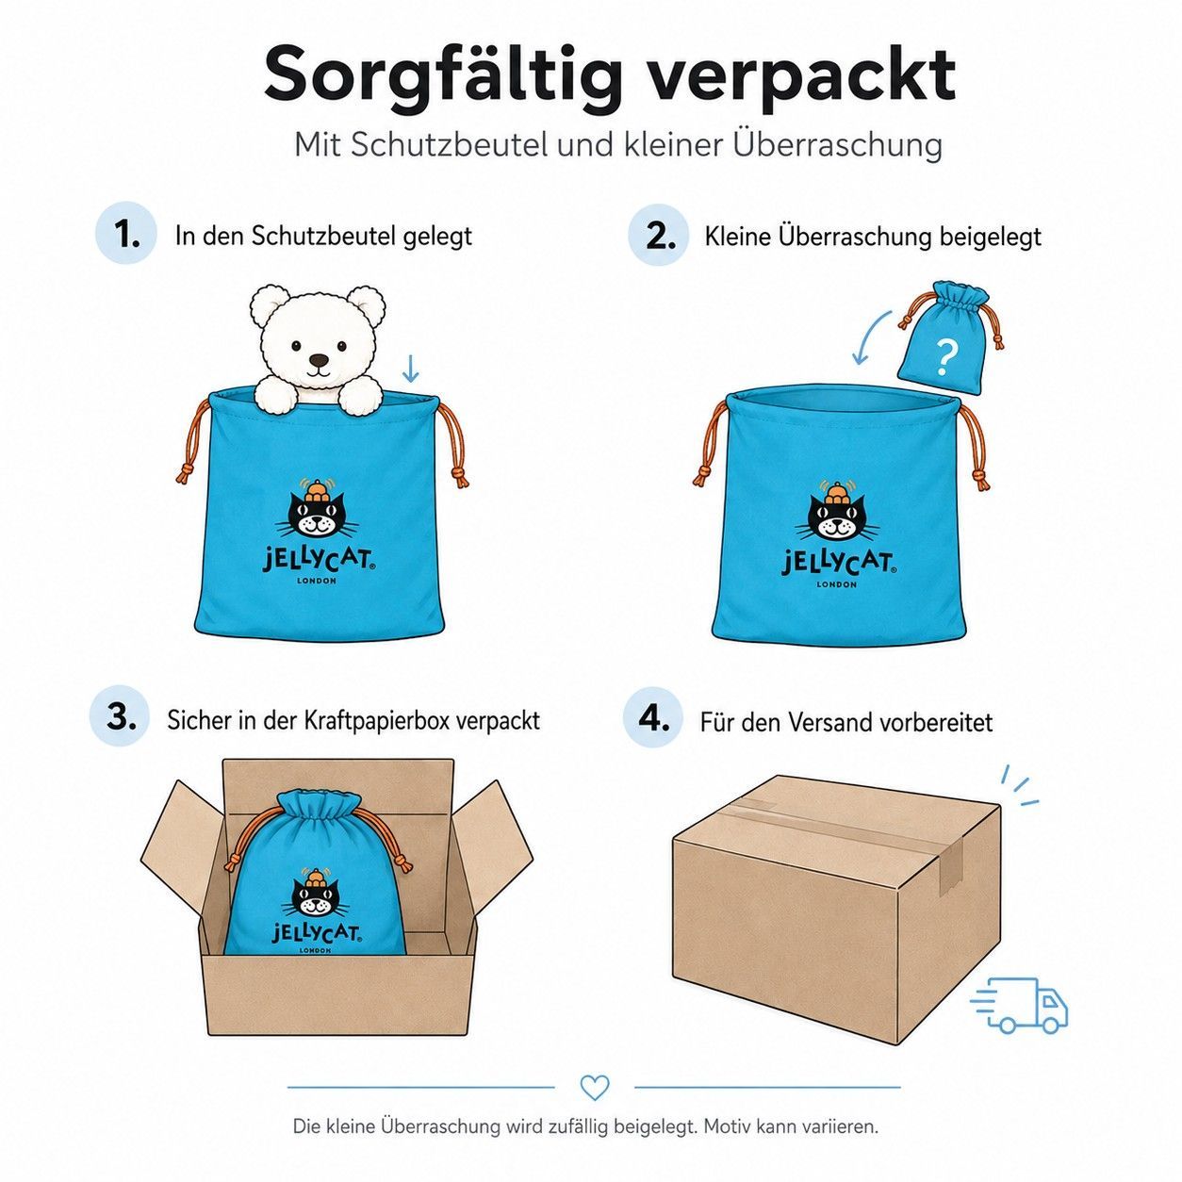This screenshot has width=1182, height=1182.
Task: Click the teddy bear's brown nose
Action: (x=319, y=359)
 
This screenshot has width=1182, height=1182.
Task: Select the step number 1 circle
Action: (x=126, y=233)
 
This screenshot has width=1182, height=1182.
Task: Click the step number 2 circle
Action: (x=658, y=235)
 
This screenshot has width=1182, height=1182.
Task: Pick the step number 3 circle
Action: (x=121, y=715)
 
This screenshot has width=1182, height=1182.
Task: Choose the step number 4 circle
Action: (x=653, y=717)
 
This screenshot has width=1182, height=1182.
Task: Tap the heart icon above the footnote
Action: (x=595, y=1088)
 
